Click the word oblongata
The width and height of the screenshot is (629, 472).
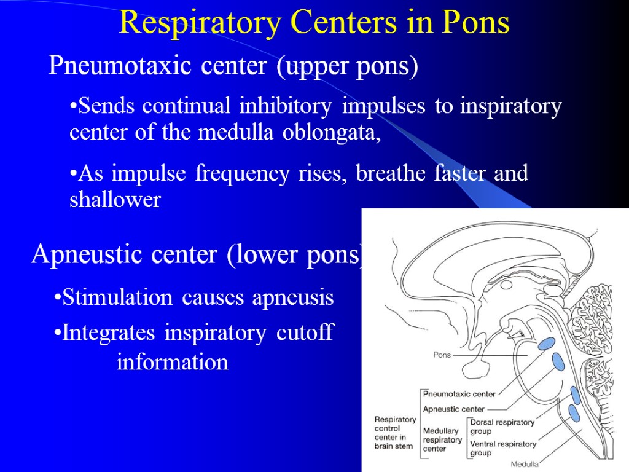332,133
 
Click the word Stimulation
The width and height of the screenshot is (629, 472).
117,298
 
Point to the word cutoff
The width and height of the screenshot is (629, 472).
305,333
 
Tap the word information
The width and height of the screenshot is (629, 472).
173,362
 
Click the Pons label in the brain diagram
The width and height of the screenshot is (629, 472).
442,355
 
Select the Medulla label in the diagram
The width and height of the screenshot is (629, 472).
525,465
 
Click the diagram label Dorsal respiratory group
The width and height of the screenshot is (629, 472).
502,427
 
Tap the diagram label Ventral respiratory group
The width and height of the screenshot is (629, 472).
502,448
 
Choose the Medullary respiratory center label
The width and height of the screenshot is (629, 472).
442,440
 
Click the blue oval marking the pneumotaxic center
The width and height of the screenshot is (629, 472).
545,343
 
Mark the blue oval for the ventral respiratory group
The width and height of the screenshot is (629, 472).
574,413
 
